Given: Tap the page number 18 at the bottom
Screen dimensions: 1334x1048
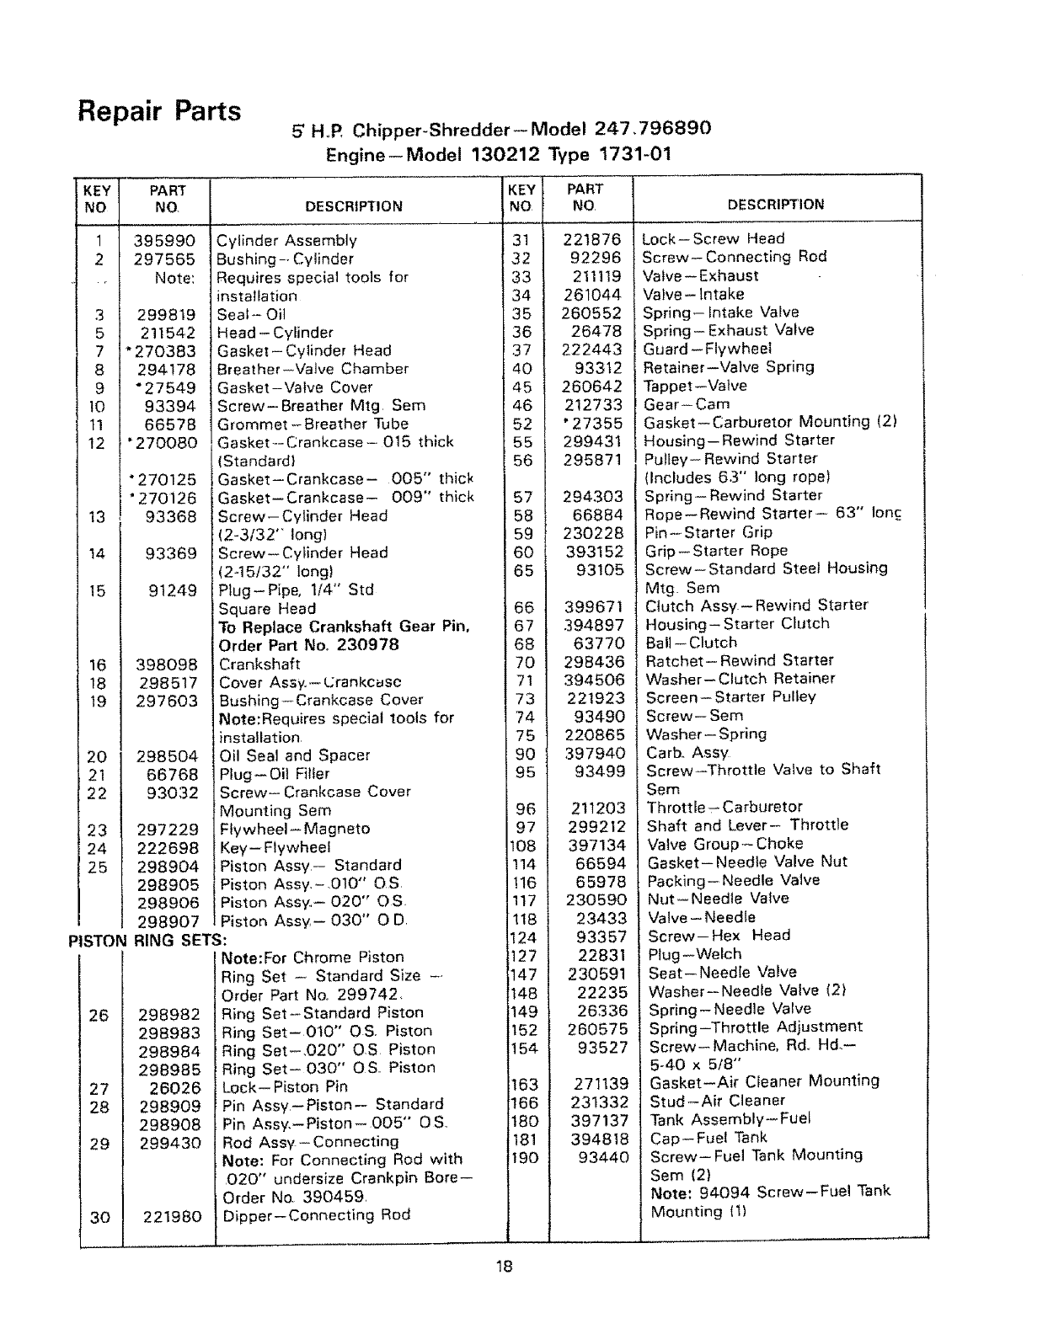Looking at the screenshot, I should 504,1267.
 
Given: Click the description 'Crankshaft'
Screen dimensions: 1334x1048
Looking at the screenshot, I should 259,664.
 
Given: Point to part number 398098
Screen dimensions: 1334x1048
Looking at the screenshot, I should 167,664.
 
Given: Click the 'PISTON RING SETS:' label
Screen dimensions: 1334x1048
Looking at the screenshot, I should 147,940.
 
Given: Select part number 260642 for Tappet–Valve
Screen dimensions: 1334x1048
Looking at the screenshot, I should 592,387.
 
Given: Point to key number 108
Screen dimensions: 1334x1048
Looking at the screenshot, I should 523,845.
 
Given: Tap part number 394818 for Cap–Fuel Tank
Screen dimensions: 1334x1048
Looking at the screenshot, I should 597,1139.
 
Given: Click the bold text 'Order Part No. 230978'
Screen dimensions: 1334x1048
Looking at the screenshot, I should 308,645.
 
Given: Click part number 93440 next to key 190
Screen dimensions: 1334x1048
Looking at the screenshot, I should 603,1157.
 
